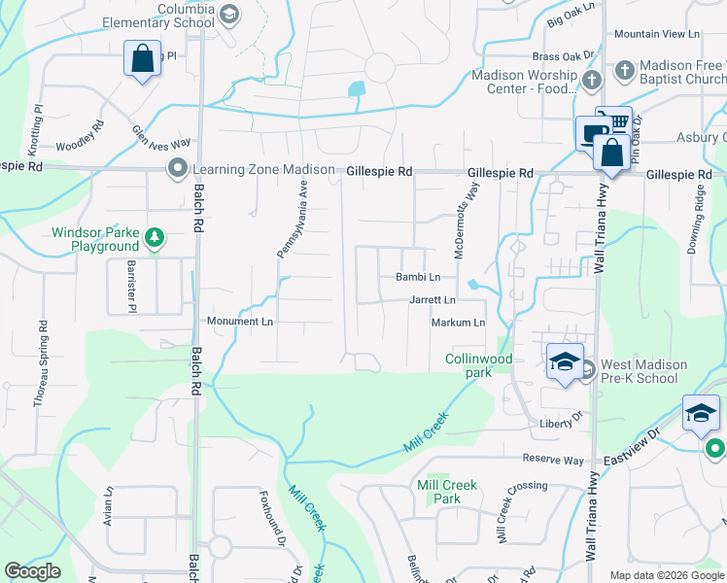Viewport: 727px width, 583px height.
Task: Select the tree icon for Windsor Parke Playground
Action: tap(154, 236)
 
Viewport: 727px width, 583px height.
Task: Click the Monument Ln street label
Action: tap(239, 321)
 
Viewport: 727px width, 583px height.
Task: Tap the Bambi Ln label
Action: tap(418, 278)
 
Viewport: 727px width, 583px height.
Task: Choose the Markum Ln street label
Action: tap(458, 323)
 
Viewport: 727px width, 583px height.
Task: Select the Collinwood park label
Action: tap(478, 365)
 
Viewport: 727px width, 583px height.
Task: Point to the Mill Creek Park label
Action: tap(445, 492)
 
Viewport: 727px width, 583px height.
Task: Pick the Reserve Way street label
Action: tap(553, 459)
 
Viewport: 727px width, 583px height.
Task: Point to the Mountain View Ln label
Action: tap(657, 34)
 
